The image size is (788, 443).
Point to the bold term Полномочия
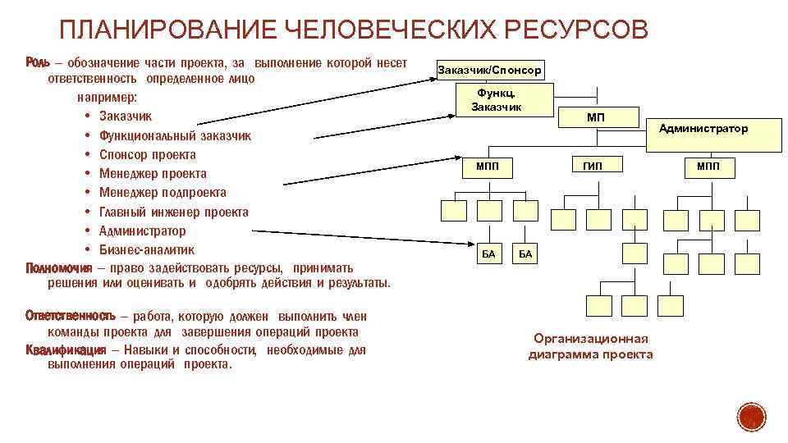pos(59,268)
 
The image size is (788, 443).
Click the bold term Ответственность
pos(70,316)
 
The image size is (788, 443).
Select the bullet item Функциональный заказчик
pos(175,135)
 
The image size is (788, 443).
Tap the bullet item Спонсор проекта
pos(147,154)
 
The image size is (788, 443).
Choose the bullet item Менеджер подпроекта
pos(163,193)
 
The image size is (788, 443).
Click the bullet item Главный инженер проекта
pos(173,212)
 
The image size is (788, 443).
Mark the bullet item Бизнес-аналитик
pos(147,249)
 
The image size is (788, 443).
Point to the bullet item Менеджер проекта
pos(153,174)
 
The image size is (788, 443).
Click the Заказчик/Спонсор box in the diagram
pos(489,71)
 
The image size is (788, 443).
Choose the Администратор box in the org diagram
pos(703,129)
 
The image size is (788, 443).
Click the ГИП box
pos(593,167)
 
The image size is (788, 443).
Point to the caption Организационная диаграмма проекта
pos(590,346)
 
